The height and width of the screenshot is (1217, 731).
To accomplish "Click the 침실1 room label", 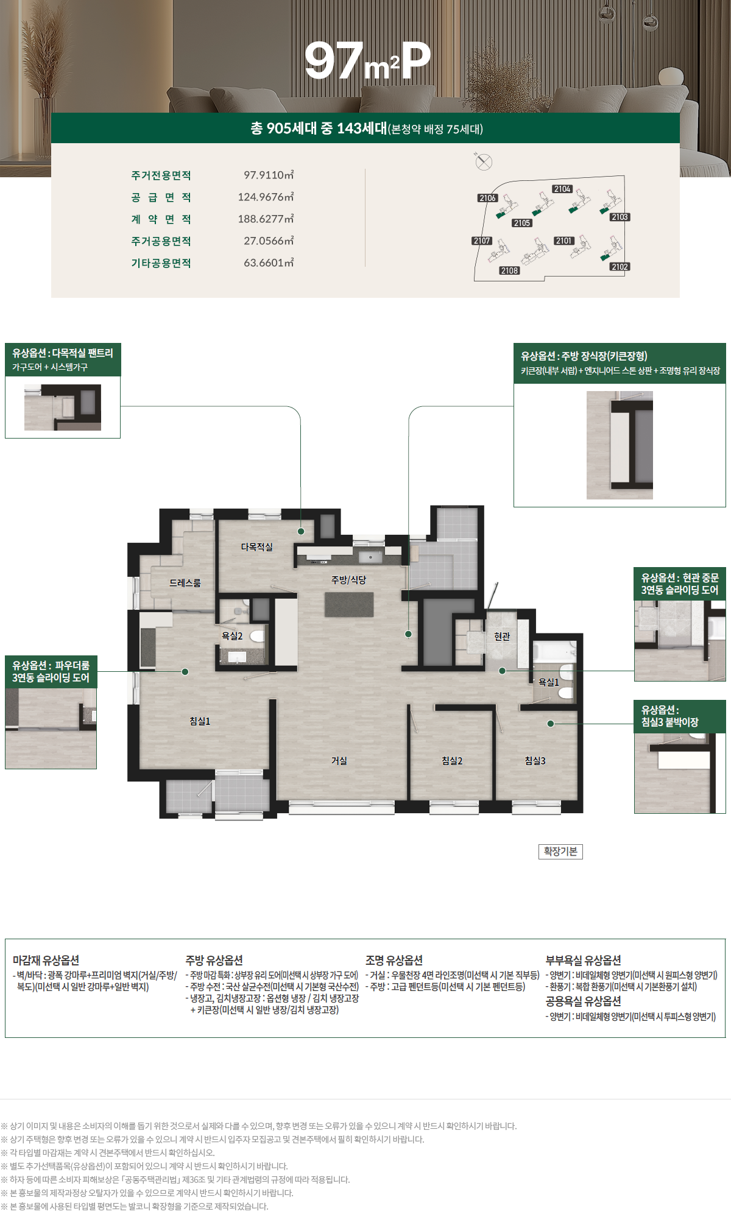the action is click(x=200, y=721).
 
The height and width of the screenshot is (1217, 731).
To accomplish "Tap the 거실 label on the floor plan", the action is click(x=339, y=761).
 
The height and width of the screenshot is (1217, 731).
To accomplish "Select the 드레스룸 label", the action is click(x=185, y=583).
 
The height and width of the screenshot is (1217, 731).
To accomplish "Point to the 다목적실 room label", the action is click(x=257, y=547).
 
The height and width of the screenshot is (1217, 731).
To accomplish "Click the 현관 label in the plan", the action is click(x=502, y=637).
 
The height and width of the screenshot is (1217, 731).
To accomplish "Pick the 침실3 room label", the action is click(x=535, y=761).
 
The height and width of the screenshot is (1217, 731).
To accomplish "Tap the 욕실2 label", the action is click(x=232, y=636).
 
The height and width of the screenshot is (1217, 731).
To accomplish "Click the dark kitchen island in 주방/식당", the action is click(x=349, y=604).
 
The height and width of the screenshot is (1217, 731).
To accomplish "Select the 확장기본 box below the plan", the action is click(x=560, y=852).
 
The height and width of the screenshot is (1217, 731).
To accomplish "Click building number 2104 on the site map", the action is click(x=562, y=189).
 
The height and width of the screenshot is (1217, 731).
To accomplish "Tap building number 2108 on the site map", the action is click(x=509, y=270).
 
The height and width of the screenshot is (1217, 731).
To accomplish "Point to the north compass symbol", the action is click(x=483, y=161).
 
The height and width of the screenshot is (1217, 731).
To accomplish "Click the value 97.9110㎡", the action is click(x=269, y=175).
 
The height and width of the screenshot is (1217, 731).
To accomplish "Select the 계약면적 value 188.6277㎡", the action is click(x=266, y=219).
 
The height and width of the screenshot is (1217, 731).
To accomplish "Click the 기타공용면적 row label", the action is click(x=161, y=263).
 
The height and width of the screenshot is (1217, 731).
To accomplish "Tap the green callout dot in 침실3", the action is click(x=551, y=724).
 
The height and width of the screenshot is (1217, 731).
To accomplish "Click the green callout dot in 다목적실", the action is click(x=301, y=531).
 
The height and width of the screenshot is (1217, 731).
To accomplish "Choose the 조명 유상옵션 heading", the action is click(x=394, y=960).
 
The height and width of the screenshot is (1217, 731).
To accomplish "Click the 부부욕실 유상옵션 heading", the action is click(x=583, y=960).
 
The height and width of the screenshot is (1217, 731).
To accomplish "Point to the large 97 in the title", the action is click(x=334, y=60).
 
